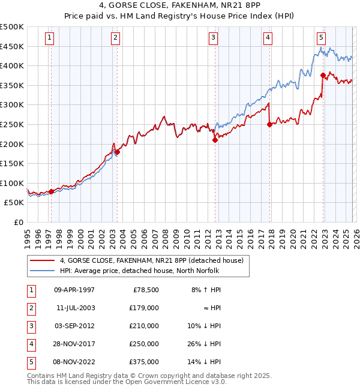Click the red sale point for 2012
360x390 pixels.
[215, 140]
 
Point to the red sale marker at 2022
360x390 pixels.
[323, 75]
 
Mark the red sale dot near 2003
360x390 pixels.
[118, 152]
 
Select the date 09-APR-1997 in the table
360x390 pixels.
[74, 290]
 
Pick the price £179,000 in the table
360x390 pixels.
[144, 308]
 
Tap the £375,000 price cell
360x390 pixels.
[144, 362]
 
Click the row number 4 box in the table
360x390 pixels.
[30, 344]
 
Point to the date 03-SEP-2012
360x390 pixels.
[74, 326]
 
